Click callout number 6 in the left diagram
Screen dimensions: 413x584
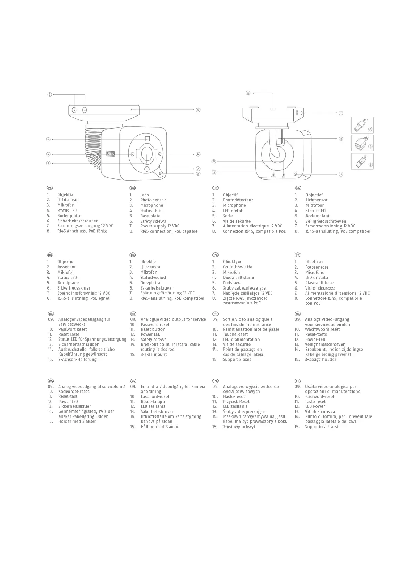pyautogui.click(x=50, y=94)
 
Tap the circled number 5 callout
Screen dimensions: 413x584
pyautogui.click(x=197, y=110)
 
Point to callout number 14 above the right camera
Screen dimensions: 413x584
pyautogui.click(x=248, y=93)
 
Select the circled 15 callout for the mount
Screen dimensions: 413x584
pyautogui.click(x=341, y=138)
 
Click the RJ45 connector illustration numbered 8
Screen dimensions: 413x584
pyautogui.click(x=362, y=143)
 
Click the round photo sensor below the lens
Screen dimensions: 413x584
pyautogui.click(x=147, y=169)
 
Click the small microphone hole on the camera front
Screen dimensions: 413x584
pyautogui.click(x=159, y=173)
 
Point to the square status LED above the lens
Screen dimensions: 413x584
pyautogui.click(x=147, y=138)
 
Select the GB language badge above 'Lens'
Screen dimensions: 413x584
pyautogui.click(x=133, y=188)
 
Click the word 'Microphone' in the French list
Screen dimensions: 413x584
pyautogui.click(x=234, y=205)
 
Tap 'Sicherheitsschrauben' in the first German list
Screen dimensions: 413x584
pyautogui.click(x=78, y=221)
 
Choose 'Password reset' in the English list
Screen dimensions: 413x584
pyautogui.click(x=155, y=325)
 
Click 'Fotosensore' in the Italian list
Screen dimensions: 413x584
pyautogui.click(x=317, y=267)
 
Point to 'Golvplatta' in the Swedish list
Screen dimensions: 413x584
pyautogui.click(x=150, y=283)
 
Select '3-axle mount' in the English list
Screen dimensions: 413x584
pyautogui.click(x=153, y=354)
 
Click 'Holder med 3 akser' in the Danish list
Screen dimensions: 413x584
pyautogui.click(x=77, y=421)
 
